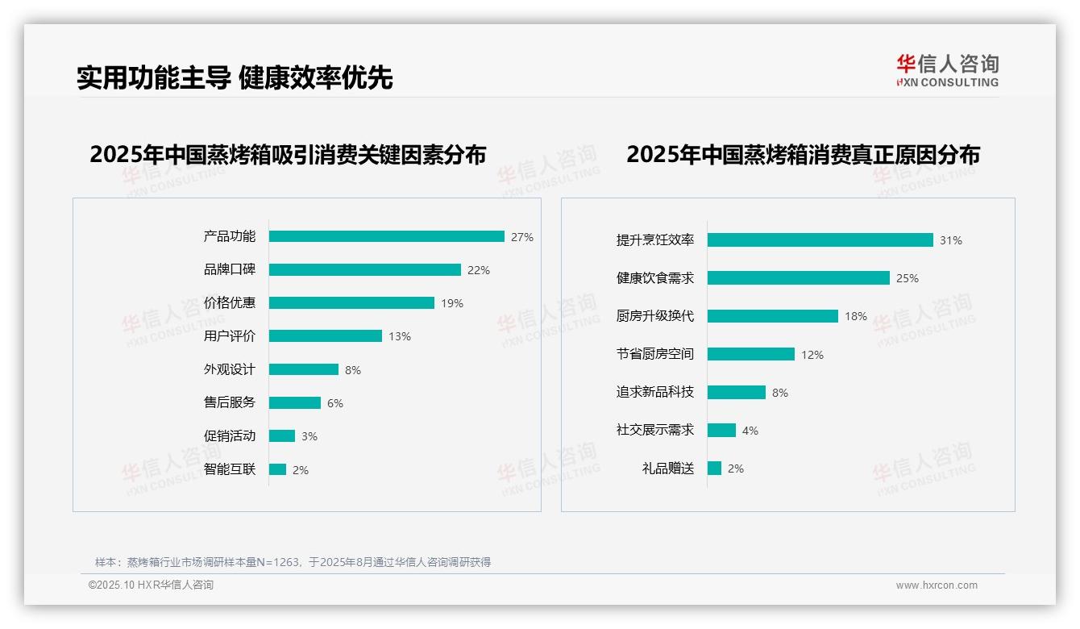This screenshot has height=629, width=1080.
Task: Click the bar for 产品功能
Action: [386, 236]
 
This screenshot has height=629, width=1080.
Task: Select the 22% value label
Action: [479, 270]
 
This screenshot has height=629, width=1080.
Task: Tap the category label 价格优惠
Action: [229, 302]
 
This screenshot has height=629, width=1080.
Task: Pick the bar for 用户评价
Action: [325, 335]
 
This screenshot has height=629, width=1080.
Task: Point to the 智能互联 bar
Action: [277, 469]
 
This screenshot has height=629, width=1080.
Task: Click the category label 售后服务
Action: [229, 402]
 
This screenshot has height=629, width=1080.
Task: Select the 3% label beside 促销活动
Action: [309, 436]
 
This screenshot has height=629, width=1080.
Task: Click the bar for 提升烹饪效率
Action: [820, 240]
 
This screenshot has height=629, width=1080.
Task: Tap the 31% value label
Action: [951, 240]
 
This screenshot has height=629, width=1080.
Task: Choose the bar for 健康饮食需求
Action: [798, 277]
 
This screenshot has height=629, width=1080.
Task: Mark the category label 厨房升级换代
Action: [654, 315]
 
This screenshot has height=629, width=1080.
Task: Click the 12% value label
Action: [812, 355]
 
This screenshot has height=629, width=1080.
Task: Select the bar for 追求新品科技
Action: [736, 392]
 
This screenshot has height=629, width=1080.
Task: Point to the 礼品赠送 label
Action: [667, 468]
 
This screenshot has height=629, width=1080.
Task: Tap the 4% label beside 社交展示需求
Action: [750, 431]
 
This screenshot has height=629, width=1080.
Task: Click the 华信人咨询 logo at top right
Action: [947, 70]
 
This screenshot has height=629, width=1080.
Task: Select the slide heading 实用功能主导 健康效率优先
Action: [235, 77]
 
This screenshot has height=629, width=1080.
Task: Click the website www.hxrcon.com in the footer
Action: [937, 585]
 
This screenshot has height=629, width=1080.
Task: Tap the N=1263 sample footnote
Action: [293, 562]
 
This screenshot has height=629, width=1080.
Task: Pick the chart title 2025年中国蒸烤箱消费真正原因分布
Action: [803, 154]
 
